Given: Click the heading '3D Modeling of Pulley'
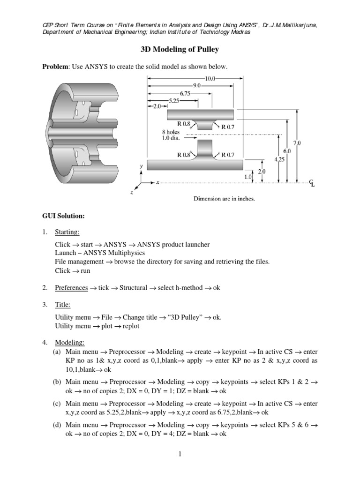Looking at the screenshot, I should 180,49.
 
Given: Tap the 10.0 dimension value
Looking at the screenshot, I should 209,79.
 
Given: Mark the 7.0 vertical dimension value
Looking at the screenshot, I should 296,142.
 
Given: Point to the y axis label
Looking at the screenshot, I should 141,166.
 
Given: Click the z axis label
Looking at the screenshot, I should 132,192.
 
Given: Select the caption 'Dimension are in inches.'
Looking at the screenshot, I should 225,199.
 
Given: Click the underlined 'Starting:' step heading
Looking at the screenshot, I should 67,232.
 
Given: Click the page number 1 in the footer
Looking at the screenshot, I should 180,454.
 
